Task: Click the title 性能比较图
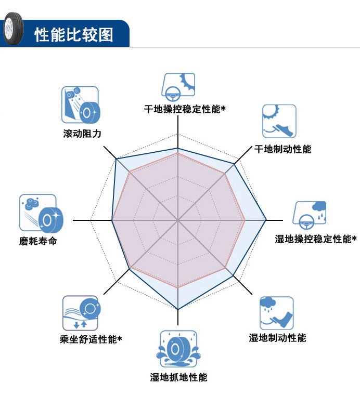click(x=73, y=35)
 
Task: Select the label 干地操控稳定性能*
click(x=184, y=109)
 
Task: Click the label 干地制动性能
click(x=282, y=149)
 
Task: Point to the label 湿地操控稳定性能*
click(x=315, y=239)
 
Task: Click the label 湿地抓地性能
click(x=178, y=377)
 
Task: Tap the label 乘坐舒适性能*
click(x=91, y=339)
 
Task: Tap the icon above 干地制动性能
click(x=279, y=122)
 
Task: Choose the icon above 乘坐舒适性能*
click(x=80, y=313)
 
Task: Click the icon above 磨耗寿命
click(x=37, y=213)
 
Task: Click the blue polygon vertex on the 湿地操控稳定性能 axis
click(x=266, y=220)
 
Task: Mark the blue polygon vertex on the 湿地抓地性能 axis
click(x=178, y=309)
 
